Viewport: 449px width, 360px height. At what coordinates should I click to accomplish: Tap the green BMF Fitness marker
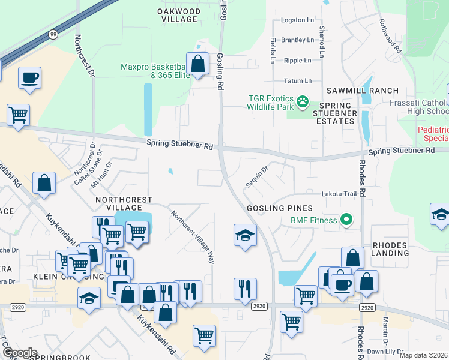point(346,220)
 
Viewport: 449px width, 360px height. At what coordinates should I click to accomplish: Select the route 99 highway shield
point(53,35)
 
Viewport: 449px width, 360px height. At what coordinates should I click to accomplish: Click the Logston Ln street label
point(297,20)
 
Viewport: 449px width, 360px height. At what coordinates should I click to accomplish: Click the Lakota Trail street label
point(339,194)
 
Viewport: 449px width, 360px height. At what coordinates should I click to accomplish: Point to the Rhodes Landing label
point(390,249)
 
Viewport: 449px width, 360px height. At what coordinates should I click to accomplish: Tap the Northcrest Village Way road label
point(192,237)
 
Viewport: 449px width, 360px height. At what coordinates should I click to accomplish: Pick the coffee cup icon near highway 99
point(29,77)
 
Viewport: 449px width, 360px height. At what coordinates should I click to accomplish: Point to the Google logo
point(19,353)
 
